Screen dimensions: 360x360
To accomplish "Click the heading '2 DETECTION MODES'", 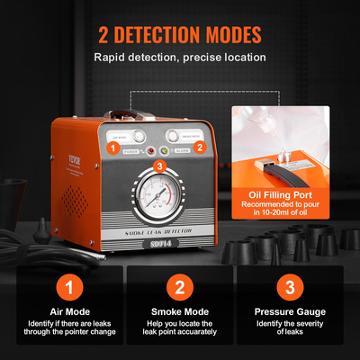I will click(x=180, y=36).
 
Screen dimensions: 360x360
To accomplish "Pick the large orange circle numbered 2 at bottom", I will click(x=180, y=288).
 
